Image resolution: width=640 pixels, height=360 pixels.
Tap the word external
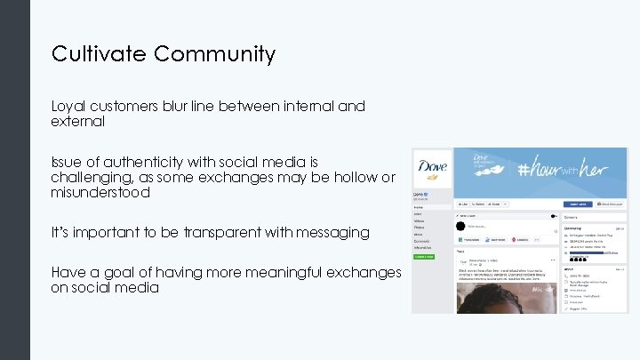78,122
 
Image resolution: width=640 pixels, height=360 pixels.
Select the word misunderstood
100,193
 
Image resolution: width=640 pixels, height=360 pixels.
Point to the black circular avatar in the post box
462,226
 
